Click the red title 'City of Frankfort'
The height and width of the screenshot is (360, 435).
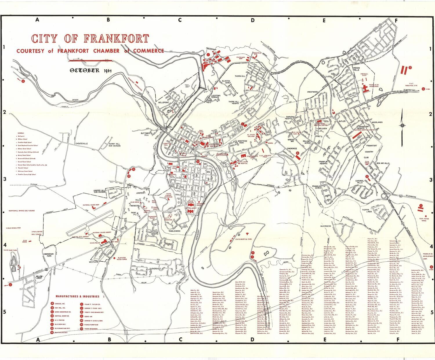pyautogui.click(x=90, y=39)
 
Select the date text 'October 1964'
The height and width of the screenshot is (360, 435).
pyautogui.click(x=91, y=70)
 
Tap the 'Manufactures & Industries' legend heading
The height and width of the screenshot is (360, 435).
pyautogui.click(x=78, y=296)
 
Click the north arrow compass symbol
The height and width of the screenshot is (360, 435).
pyautogui.click(x=403, y=126)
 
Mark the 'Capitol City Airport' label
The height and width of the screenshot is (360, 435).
pyautogui.click(x=80, y=237)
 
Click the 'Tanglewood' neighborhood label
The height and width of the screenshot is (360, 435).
pyautogui.click(x=174, y=231)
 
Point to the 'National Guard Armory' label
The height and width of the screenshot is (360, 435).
pyautogui.click(x=102, y=232)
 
